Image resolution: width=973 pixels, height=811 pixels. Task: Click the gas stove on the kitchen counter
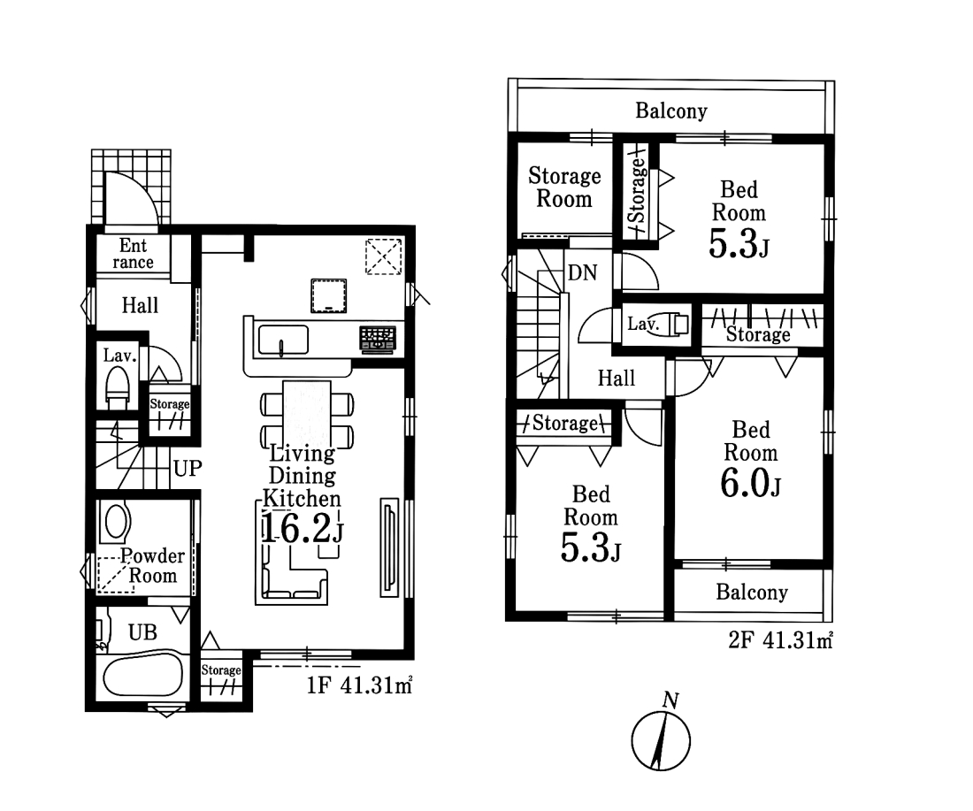(x=378, y=340)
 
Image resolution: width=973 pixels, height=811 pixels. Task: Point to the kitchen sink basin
(x=283, y=340)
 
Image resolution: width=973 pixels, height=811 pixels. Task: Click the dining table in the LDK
(x=307, y=412)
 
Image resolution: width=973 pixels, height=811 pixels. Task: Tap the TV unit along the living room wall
(x=389, y=547)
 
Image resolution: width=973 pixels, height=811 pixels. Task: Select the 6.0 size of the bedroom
(x=750, y=483)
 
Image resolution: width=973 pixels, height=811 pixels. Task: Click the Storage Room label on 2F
(x=564, y=187)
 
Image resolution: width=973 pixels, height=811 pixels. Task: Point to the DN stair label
(x=582, y=272)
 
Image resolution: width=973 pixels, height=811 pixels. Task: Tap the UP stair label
(x=188, y=468)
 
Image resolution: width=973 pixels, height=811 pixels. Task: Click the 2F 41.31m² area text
(x=780, y=640)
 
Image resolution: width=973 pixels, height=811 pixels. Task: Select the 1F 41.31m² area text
(x=359, y=685)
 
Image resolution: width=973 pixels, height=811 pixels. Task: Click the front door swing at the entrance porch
(x=132, y=198)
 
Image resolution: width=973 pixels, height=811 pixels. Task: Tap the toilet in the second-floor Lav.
(x=670, y=325)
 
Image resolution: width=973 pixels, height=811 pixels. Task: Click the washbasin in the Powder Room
(x=117, y=521)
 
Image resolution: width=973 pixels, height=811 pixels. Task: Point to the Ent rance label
(x=133, y=253)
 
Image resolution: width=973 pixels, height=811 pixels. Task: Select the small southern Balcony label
(x=752, y=592)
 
